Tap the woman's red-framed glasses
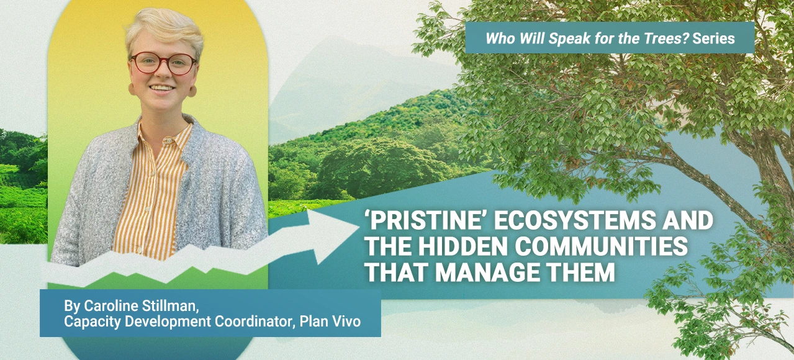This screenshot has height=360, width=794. (163, 63)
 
